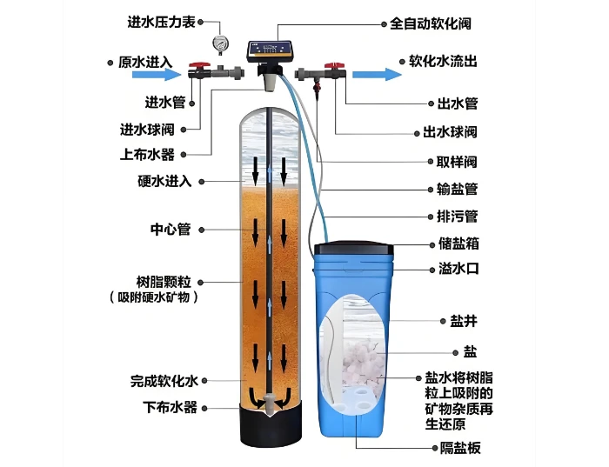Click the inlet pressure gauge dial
(221, 43)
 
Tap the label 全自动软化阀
(431, 23)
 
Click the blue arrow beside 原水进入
(157, 74)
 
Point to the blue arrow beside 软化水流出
(377, 74)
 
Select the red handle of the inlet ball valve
(199, 65)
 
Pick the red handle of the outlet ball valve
(334, 65)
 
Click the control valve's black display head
(271, 50)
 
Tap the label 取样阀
(457, 162)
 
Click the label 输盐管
(457, 189)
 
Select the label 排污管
(457, 217)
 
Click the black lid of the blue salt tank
(353, 247)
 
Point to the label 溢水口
(458, 269)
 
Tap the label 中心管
(171, 230)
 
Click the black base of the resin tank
(271, 426)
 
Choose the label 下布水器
(171, 407)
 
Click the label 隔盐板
(460, 449)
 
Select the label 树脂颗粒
(164, 282)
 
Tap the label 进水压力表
(161, 22)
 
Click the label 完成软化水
(164, 381)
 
